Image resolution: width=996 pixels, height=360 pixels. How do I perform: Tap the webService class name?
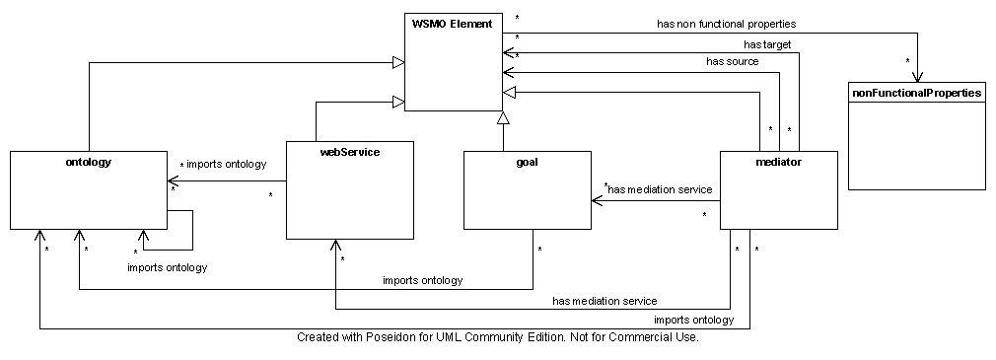[349, 152]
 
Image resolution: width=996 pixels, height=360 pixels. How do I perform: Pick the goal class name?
[528, 162]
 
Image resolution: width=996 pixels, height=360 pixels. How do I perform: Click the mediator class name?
[779, 162]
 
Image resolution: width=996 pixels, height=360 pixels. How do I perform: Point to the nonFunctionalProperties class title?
[916, 93]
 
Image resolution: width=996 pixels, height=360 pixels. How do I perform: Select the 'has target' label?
[767, 44]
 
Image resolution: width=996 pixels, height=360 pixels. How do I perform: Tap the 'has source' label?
[733, 61]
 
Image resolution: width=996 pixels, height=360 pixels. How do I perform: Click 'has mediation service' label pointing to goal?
[660, 189]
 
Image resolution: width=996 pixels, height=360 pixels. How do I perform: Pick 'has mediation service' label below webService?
[605, 300]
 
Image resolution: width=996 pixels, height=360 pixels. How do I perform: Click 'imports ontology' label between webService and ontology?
[226, 164]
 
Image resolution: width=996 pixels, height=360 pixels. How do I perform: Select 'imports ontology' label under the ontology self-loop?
[168, 266]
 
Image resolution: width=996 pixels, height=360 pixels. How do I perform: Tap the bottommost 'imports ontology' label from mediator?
[693, 320]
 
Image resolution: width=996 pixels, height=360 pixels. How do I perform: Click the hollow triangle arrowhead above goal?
[503, 118]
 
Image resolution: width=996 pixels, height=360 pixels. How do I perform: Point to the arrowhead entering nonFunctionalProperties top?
[917, 78]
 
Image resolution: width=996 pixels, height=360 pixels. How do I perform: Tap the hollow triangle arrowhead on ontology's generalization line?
[397, 63]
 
